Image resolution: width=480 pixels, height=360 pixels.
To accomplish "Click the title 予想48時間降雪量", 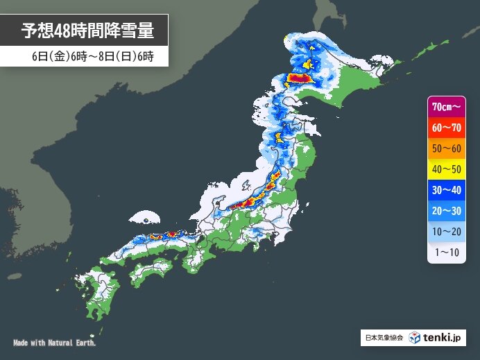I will click(x=86, y=31).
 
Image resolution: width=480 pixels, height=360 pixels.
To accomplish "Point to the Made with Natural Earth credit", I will click(x=55, y=343).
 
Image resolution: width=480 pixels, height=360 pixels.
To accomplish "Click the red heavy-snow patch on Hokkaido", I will click(x=302, y=78).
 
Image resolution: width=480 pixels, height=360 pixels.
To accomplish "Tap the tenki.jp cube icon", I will click(x=414, y=338).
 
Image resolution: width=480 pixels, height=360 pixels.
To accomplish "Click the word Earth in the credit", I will click(x=85, y=343).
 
